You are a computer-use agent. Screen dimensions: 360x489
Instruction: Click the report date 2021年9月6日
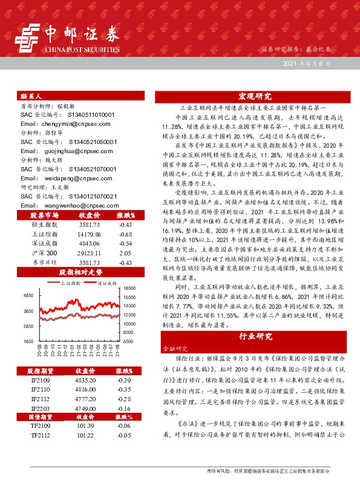[316, 64]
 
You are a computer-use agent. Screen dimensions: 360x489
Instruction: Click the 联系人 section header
[31, 96]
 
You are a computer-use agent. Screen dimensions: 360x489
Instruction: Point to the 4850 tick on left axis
[28, 295]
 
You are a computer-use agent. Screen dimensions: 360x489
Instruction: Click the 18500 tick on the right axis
[129, 289]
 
